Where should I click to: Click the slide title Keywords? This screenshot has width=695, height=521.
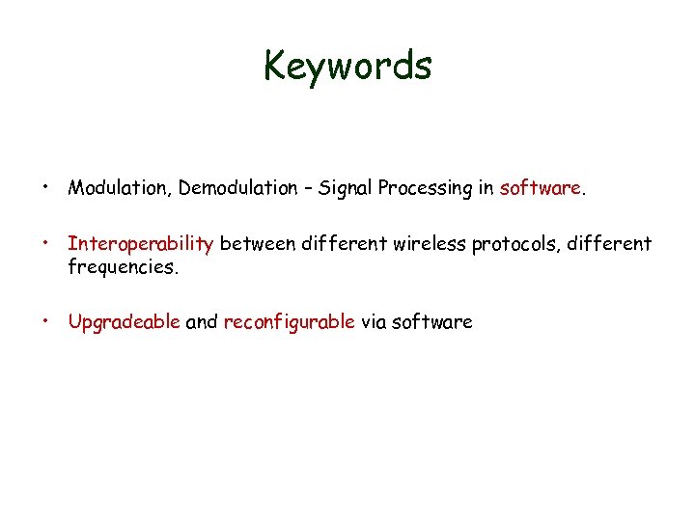click(347, 66)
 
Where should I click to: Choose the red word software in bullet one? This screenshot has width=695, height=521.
click(540, 188)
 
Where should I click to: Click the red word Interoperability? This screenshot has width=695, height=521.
click(140, 245)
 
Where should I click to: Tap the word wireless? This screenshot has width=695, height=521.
click(431, 245)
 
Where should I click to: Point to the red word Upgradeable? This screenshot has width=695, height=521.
click(124, 323)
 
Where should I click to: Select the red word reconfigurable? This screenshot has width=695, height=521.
click(290, 323)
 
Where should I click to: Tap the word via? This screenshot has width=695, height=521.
click(374, 323)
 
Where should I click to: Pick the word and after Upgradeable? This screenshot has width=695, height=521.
click(201, 323)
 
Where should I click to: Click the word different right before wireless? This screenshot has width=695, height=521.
click(346, 245)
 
